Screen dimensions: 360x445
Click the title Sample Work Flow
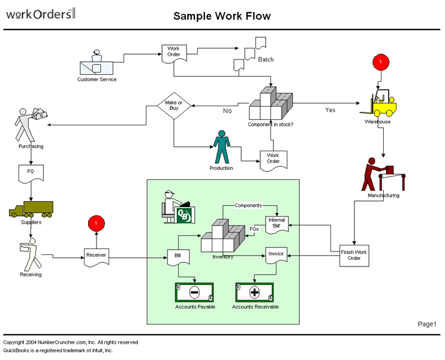click(x=222, y=16)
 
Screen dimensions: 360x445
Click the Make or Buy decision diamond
click(x=174, y=106)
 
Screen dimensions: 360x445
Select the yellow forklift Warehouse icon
click(x=380, y=104)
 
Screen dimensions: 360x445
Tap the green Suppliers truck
click(x=31, y=209)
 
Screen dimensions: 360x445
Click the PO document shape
click(x=31, y=173)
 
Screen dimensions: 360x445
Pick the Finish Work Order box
click(x=354, y=254)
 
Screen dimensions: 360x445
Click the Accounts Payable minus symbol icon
click(x=194, y=293)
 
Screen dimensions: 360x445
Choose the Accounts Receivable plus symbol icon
click(x=254, y=293)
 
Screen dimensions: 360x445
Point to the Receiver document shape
click(x=96, y=256)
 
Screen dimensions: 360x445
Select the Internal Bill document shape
click(x=276, y=224)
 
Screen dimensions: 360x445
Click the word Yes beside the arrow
click(x=330, y=110)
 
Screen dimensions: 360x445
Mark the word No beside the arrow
click(x=227, y=111)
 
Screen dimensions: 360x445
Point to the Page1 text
click(x=427, y=324)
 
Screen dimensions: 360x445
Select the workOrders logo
click(x=40, y=13)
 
